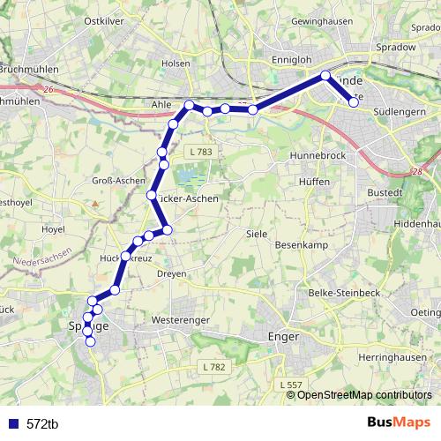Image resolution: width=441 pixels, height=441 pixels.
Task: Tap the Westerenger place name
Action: point(179,318)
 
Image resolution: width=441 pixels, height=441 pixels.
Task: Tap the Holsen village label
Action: point(176,64)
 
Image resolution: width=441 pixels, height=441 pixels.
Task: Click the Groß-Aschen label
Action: point(118,180)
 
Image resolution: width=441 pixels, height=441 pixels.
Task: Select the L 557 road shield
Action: point(289,385)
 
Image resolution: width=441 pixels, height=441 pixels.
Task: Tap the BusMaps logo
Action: point(399,422)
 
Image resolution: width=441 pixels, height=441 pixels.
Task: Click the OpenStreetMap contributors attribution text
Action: point(364,394)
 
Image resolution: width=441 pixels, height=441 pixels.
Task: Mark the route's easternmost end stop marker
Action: point(354,102)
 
